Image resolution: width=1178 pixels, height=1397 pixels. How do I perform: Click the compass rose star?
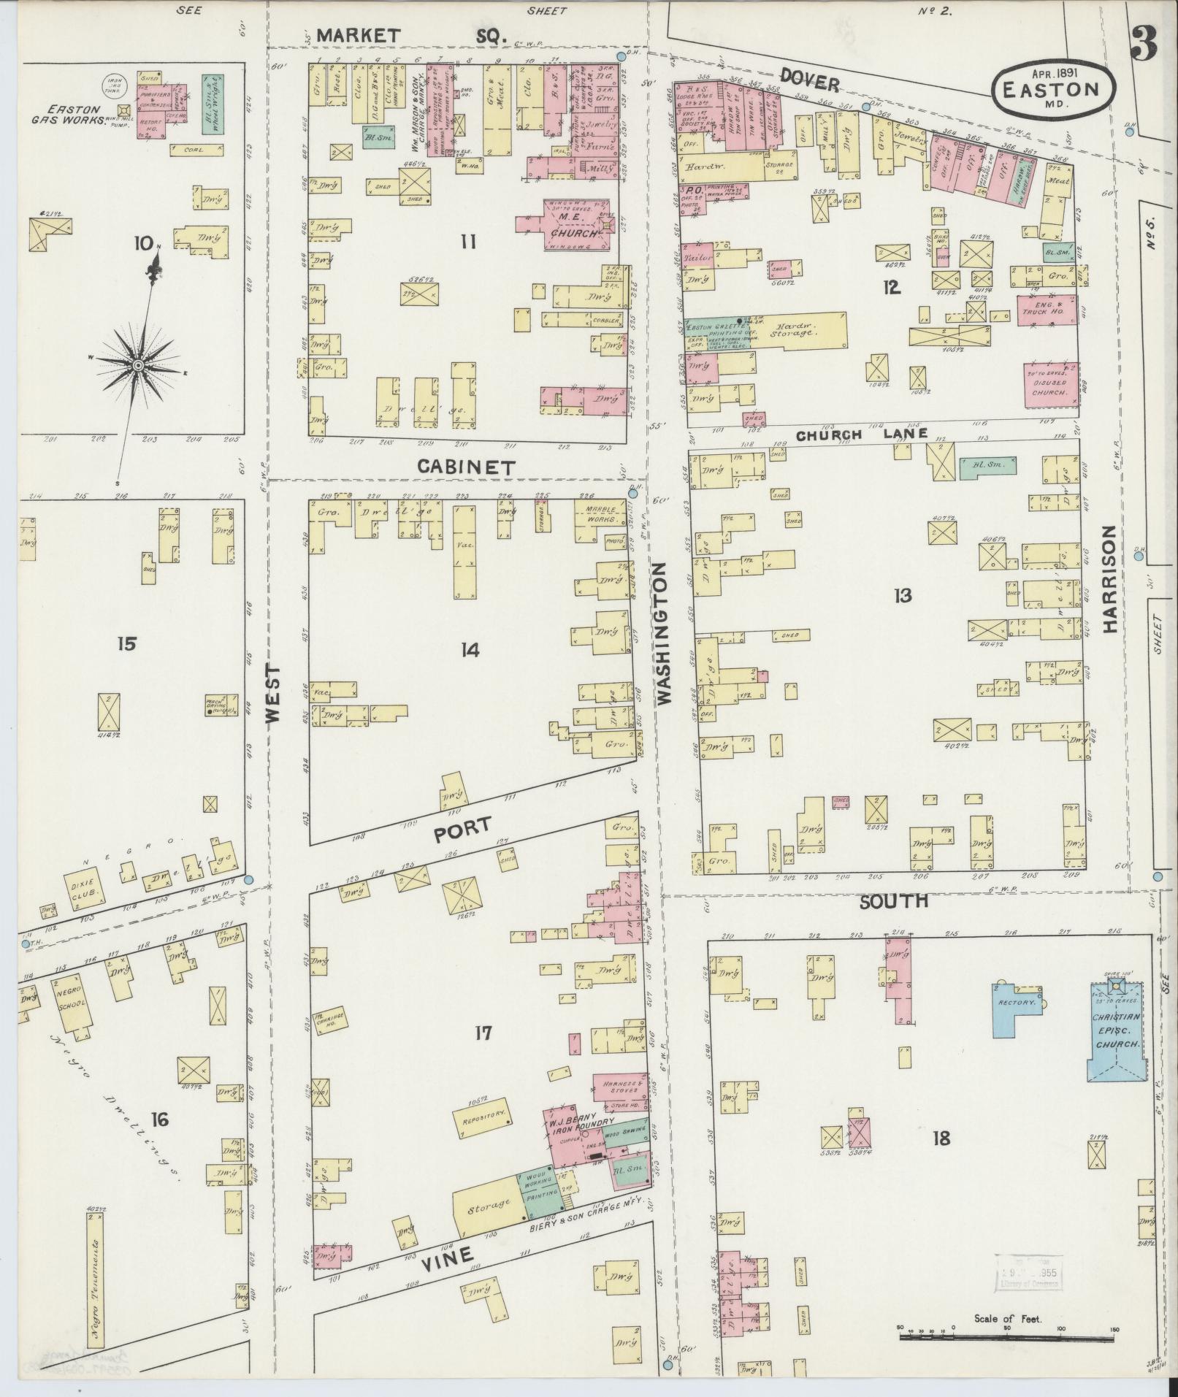138,364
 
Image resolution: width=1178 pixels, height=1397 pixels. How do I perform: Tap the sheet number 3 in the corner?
1143,45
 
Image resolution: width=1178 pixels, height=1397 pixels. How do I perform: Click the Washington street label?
664,633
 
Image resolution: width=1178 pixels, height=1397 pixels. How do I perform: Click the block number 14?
470,649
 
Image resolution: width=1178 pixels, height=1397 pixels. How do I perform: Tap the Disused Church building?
1049,382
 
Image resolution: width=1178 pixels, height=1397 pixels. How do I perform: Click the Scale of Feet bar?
1008,1336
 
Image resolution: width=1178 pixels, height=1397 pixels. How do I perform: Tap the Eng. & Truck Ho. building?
1046,309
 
